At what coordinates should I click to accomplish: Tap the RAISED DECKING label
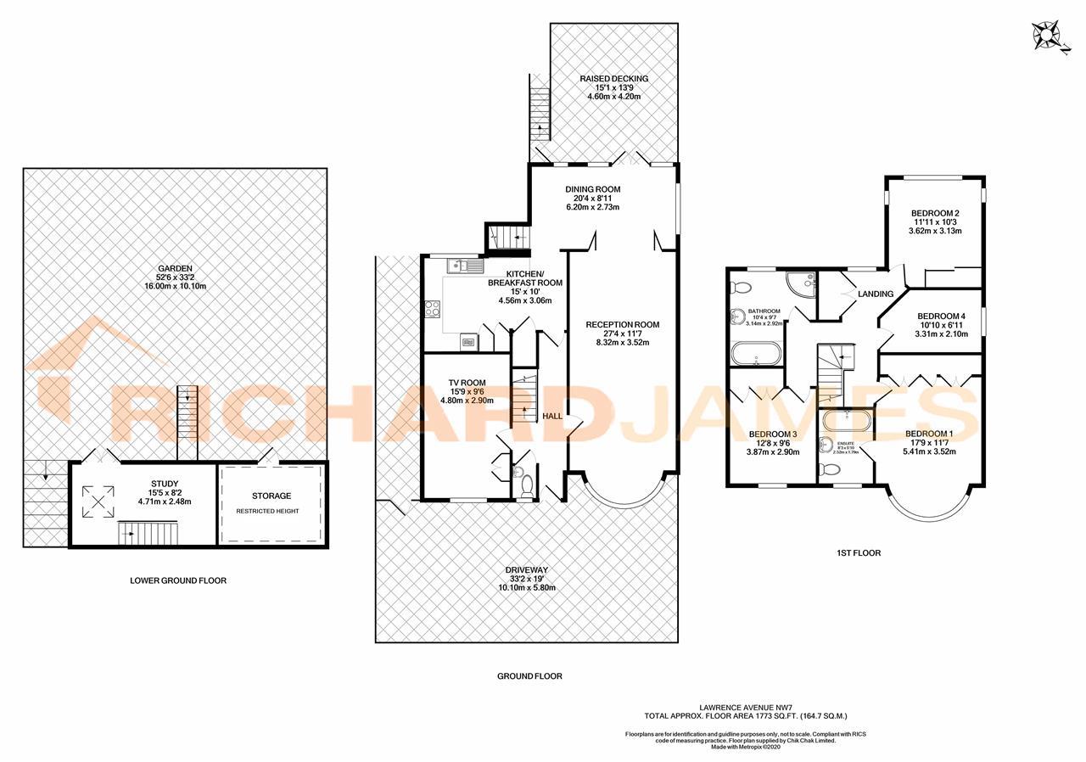coord(613,79)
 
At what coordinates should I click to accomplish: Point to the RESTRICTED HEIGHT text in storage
coord(271,512)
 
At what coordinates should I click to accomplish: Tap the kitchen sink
coord(456,266)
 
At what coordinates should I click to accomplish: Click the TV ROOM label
coord(467,383)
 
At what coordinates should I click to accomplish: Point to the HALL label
coord(552,417)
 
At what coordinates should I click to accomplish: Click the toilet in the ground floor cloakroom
coord(526,485)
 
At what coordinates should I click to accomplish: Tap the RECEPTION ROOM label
coord(622,325)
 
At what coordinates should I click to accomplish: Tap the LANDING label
coord(876,294)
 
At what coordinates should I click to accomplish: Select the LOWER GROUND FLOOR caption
coord(178,581)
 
